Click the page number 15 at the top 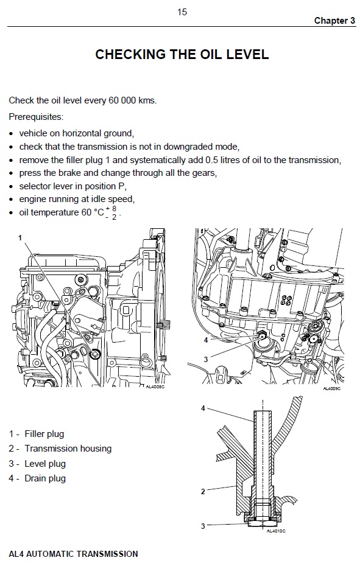[x=182, y=12]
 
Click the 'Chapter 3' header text [x=334, y=21]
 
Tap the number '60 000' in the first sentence [x=122, y=100]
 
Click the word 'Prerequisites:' [x=36, y=117]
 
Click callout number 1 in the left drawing [x=20, y=238]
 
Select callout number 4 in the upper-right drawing [x=206, y=340]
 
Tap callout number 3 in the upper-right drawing [x=206, y=359]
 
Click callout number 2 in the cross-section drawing [x=203, y=491]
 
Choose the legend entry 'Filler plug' [x=44, y=434]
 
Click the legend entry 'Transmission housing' [x=68, y=449]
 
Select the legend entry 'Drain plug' [x=45, y=478]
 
